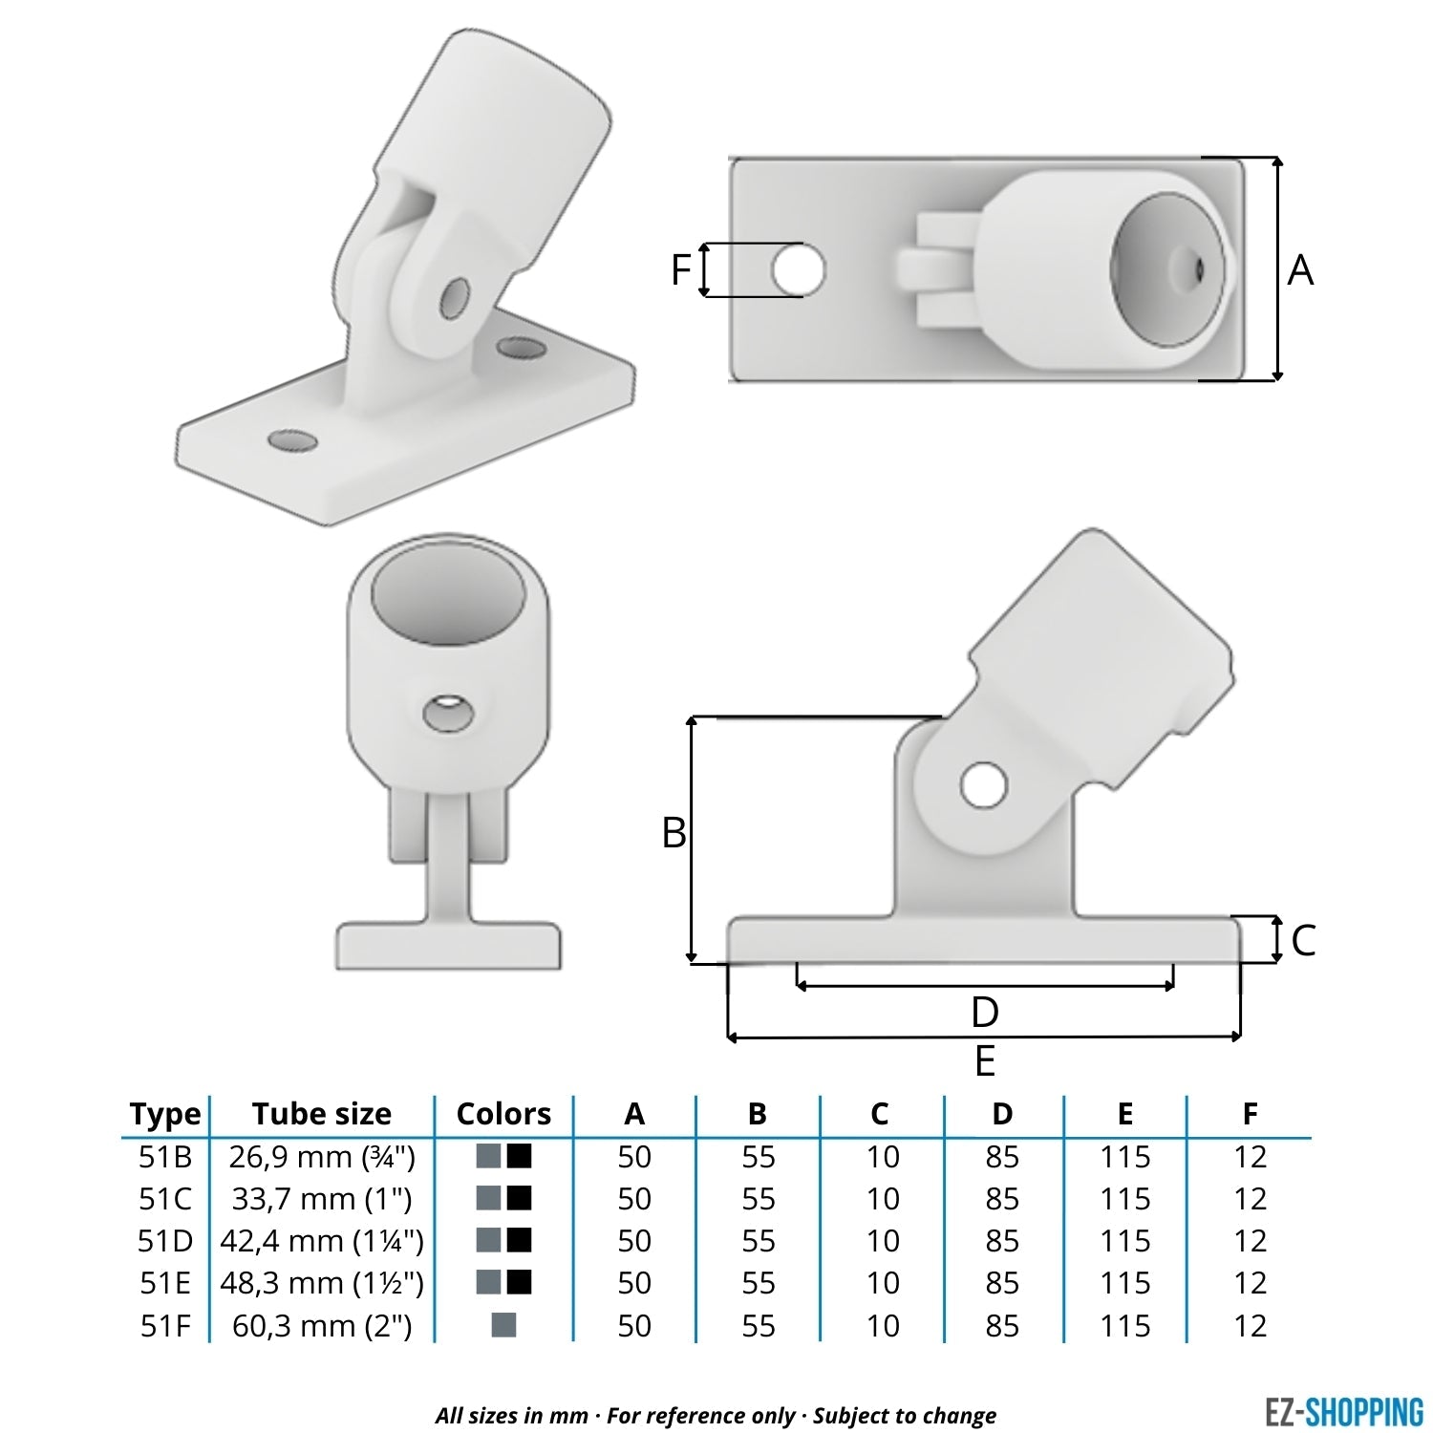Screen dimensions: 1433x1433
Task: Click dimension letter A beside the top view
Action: click(x=1300, y=270)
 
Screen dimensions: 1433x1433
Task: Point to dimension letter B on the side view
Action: click(x=674, y=833)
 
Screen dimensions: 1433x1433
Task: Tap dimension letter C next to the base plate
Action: click(x=1303, y=940)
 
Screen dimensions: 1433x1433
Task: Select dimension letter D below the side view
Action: click(x=984, y=1012)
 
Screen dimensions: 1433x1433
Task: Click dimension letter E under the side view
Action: click(x=984, y=1061)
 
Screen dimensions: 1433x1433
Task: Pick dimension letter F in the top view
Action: click(x=680, y=269)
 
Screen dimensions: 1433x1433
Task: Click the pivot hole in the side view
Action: click(x=983, y=785)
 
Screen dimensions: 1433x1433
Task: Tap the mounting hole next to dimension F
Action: click(x=798, y=269)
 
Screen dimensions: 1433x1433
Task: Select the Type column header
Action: click(x=165, y=1114)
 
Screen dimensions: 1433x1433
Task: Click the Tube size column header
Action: click(x=322, y=1114)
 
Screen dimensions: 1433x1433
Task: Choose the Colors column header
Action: click(x=503, y=1114)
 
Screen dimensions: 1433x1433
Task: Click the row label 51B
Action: click(x=165, y=1157)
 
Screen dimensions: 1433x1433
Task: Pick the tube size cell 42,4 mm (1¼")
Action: click(x=322, y=1241)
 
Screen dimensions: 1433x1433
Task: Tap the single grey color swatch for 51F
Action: click(x=503, y=1325)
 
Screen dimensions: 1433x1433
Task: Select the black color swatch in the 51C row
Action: click(x=519, y=1198)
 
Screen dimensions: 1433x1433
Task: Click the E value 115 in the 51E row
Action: click(x=1124, y=1283)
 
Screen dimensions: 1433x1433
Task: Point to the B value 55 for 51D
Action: click(x=758, y=1241)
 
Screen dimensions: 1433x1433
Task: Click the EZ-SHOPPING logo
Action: click(x=1343, y=1411)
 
